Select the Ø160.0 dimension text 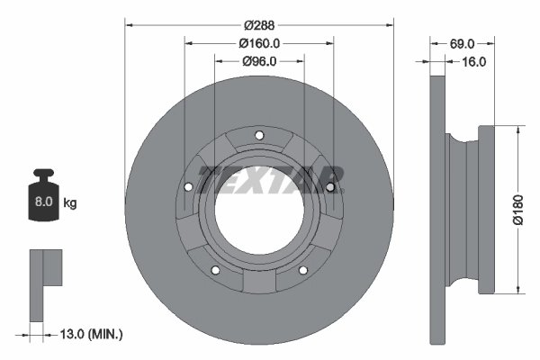[x=260, y=43]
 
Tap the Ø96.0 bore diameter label [x=259, y=61]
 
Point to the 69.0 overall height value [x=462, y=43]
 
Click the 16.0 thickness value [x=474, y=61]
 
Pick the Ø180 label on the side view [x=518, y=209]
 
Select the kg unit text [x=70, y=203]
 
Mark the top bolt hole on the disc [x=260, y=137]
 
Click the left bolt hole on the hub [x=188, y=188]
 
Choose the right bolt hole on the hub [x=331, y=187]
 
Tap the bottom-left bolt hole [x=216, y=272]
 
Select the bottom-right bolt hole [x=305, y=272]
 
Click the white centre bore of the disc [x=259, y=212]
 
